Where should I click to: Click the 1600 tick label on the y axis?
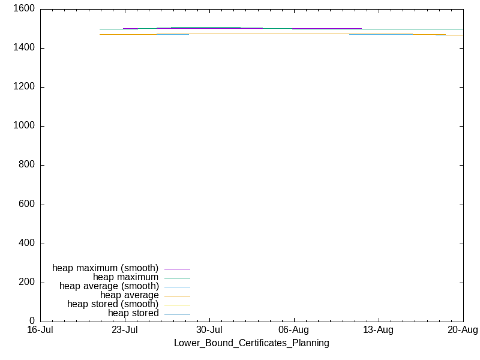24,8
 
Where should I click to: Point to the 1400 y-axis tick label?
24,48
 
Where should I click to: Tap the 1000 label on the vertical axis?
24,125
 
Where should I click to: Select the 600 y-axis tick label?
26,204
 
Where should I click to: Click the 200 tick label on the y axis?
26,282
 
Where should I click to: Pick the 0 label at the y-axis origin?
32,321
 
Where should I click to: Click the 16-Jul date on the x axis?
40,330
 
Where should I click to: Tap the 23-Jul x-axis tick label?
125,330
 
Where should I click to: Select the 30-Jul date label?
209,330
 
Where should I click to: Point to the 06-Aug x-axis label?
294,330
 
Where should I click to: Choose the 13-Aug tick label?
379,330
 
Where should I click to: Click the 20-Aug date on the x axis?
463,330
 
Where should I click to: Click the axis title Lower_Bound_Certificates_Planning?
251,343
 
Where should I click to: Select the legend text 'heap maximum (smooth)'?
106,268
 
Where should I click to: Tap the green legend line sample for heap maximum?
177,278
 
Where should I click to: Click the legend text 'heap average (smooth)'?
109,286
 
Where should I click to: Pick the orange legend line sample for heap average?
177,296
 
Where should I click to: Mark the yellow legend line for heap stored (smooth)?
177,305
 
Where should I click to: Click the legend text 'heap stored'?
133,313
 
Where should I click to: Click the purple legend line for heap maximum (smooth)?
177,269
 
